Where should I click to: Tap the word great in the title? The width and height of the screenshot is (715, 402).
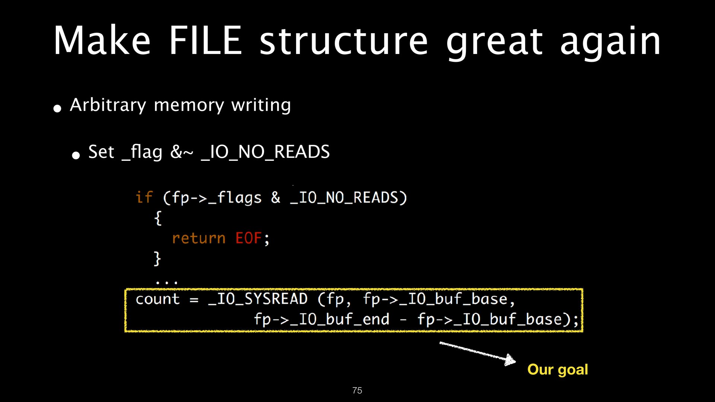point(494,42)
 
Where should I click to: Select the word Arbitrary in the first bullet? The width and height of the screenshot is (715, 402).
point(108,105)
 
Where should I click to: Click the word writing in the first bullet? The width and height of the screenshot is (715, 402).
point(261,105)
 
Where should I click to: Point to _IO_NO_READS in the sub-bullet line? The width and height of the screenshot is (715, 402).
point(265,152)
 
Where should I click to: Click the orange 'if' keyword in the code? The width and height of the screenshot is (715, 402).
point(144,197)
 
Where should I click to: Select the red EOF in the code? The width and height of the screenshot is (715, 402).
point(248,238)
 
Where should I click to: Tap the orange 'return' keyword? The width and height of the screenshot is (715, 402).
point(199,238)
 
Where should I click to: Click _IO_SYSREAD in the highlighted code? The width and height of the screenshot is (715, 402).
point(258,299)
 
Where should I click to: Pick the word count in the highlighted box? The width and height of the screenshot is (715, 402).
point(158,299)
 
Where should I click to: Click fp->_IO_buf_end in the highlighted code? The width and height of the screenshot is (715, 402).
point(322,319)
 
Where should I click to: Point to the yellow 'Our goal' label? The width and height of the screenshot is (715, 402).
point(557,370)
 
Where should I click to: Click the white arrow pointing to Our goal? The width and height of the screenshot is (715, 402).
point(478,353)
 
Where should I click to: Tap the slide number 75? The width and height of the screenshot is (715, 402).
point(357,390)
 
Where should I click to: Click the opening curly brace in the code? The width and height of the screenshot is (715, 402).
point(158,218)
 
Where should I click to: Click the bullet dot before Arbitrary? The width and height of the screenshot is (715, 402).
point(57,108)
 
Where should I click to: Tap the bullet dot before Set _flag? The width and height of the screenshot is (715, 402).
point(76,155)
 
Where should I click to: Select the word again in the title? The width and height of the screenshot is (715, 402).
point(610,42)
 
